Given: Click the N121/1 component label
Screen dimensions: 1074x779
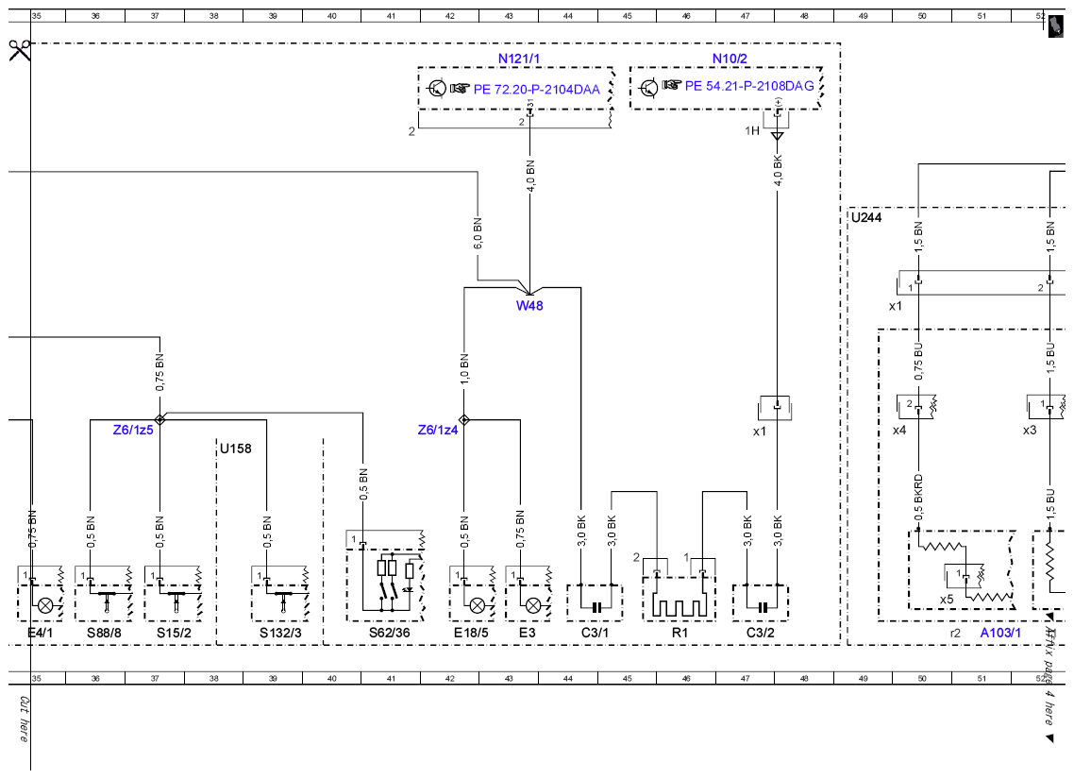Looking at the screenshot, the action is tap(518, 59).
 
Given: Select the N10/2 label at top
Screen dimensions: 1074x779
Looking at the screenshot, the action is tap(730, 59).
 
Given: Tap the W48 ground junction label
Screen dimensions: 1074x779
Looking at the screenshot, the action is tap(529, 306).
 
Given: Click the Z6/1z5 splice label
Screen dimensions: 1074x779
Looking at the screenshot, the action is tap(133, 431).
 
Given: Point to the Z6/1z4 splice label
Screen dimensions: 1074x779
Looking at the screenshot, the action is tap(438, 431).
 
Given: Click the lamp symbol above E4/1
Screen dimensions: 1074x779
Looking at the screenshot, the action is tap(45, 605).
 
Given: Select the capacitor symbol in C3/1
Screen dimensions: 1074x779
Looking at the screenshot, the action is tap(596, 607).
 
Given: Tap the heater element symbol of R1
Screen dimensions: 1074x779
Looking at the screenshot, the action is tap(680, 605).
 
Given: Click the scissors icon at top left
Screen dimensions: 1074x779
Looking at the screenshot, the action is tap(20, 50).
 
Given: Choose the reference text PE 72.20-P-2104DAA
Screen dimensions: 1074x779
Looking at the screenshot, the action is tap(536, 90).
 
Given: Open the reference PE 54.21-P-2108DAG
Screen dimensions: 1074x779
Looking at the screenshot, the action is tap(749, 86).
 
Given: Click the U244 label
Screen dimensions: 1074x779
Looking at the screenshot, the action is tap(866, 218).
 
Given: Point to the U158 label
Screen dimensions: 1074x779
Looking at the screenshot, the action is tap(236, 449).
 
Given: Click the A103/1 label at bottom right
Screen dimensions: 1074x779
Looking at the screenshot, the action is tap(1000, 633).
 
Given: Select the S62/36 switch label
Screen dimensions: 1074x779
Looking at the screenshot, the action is tap(389, 633).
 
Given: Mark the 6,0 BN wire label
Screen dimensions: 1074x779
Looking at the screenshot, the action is tap(478, 233).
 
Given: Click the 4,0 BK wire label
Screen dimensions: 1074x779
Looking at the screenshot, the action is tap(778, 170).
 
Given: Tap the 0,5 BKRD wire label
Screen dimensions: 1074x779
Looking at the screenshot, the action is tap(918, 499).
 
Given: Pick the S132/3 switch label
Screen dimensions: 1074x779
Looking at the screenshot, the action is tap(280, 633).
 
